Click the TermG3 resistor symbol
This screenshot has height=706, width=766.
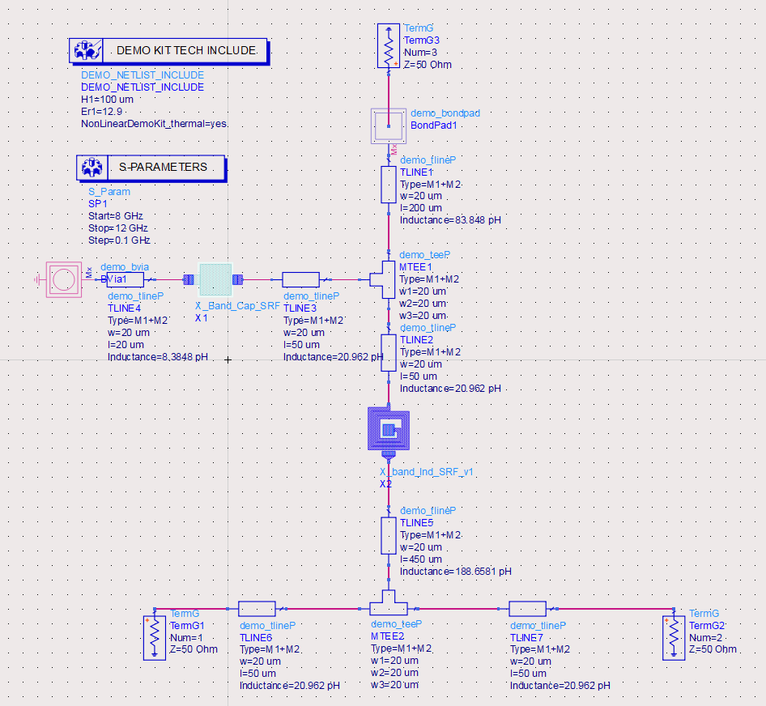pos(389,46)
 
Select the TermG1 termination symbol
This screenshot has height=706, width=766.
pos(155,637)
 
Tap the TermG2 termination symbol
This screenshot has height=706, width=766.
pos(674,637)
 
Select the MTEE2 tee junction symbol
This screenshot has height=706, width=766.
pos(389,605)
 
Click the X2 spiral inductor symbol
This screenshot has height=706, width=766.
pos(389,429)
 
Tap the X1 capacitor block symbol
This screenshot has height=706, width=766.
pos(215,279)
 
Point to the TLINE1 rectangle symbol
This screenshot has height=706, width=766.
pos(389,185)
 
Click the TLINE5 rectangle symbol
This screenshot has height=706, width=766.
pos(389,535)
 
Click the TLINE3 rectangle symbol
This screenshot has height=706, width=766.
pos(300,279)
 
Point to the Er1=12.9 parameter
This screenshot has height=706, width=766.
pos(101,111)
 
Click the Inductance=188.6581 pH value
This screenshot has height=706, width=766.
pos(456,572)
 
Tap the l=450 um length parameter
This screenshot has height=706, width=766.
pos(421,559)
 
